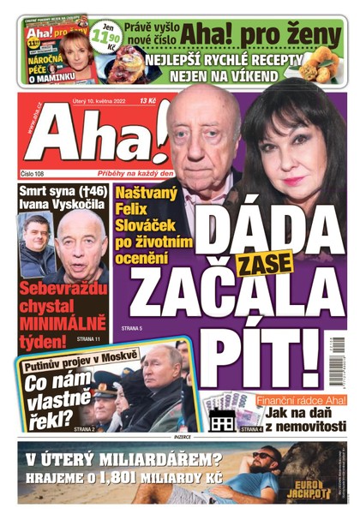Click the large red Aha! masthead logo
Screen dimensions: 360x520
click(x=90, y=137)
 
